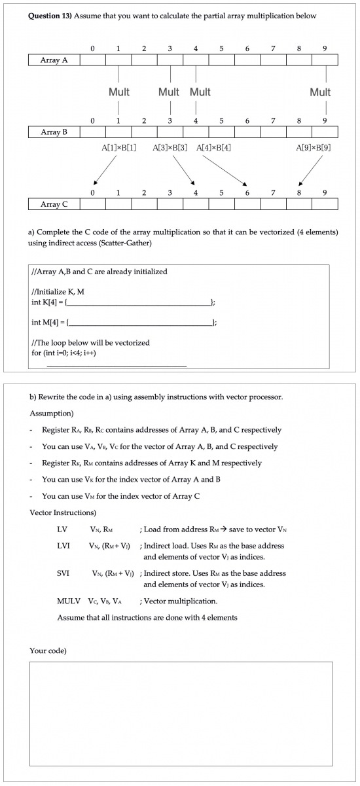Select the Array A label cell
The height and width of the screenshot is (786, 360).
(54, 60)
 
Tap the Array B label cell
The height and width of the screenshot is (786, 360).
(54, 132)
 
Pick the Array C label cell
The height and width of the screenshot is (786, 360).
(54, 204)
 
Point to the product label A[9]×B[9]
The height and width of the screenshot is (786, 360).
(314, 148)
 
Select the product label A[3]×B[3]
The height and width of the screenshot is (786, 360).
(170, 148)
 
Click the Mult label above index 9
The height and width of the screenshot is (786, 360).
(320, 92)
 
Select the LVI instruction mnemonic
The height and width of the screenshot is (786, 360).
(63, 545)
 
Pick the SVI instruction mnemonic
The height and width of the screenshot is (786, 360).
(63, 573)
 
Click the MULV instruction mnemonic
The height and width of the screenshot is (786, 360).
(68, 601)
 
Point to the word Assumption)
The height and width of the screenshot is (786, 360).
(52, 414)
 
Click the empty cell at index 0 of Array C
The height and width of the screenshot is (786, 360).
(92, 204)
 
